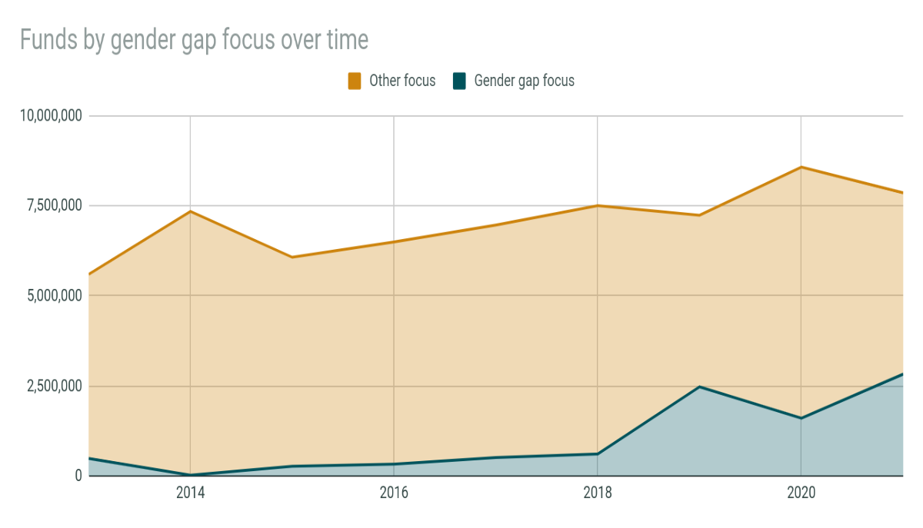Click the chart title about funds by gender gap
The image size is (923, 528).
coord(194,39)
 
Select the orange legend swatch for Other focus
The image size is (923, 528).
coord(355,81)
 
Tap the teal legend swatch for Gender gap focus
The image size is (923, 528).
coord(459,81)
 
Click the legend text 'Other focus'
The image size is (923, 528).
coord(402,81)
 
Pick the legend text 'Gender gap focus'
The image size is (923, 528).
coord(524,81)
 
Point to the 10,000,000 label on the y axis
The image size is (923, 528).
coord(52,116)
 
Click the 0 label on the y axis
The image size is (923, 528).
coord(78,476)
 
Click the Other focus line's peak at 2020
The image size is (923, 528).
coord(801,167)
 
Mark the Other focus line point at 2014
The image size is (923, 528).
coord(190,211)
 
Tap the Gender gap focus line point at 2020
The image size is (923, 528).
coord(801,418)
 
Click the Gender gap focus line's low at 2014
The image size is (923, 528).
coord(190,475)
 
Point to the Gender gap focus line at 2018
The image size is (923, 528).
coord(598,454)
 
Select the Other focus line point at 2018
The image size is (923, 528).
coord(598,205)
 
